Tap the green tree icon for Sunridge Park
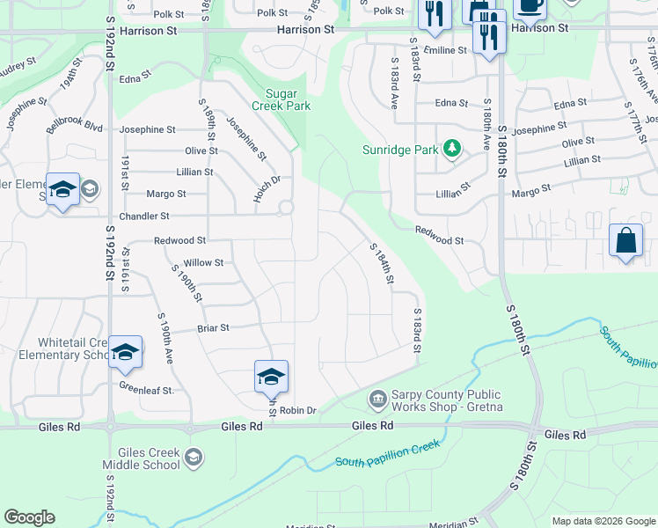tap(452, 148)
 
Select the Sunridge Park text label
tap(400, 150)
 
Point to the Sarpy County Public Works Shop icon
tap(377, 400)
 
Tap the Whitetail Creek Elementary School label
tap(72, 349)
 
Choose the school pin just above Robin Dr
tap(271, 377)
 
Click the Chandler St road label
tap(143, 216)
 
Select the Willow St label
tap(202, 262)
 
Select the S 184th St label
tap(380, 264)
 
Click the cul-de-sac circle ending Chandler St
tap(285, 209)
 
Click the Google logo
tap(29, 517)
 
